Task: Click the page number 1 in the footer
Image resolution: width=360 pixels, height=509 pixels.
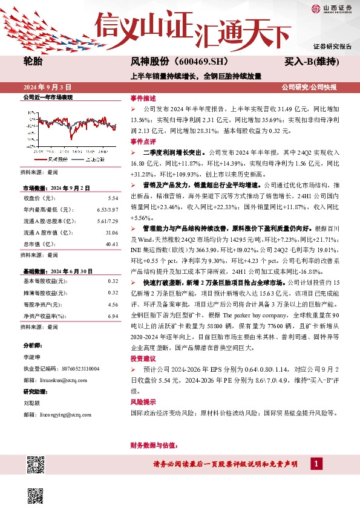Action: click(x=315, y=464)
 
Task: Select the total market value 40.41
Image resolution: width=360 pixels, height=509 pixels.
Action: click(x=112, y=227)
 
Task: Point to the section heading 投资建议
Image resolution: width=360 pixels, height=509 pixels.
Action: click(x=143, y=358)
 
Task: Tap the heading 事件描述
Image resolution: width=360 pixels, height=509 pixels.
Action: click(x=143, y=98)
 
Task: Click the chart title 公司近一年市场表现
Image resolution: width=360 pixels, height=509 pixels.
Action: click(x=47, y=97)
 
